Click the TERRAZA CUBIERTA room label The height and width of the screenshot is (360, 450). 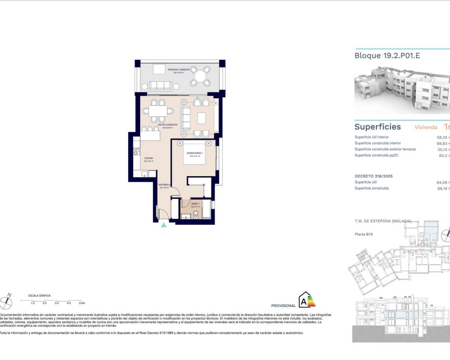[x=179, y=70]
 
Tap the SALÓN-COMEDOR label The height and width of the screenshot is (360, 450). [x=167, y=125]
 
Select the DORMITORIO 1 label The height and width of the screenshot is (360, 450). [x=195, y=153]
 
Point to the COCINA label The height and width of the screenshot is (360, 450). [x=148, y=158]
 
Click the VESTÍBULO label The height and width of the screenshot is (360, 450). [x=164, y=185]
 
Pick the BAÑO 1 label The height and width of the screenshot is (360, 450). [x=195, y=204]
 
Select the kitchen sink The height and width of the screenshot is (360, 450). [x=144, y=173]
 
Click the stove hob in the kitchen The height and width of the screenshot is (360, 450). [x=136, y=152]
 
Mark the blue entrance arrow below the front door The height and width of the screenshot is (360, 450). [x=163, y=225]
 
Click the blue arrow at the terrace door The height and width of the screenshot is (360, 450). [x=198, y=99]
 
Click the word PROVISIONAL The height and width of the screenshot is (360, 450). [x=283, y=306]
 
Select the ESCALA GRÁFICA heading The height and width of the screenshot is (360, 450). [x=39, y=296]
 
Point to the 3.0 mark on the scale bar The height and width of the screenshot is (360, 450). [x=57, y=303]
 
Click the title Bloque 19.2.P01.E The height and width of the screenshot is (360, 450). [x=387, y=56]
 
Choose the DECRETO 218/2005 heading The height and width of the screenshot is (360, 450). [x=373, y=176]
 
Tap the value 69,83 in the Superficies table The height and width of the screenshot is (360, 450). [x=442, y=143]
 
